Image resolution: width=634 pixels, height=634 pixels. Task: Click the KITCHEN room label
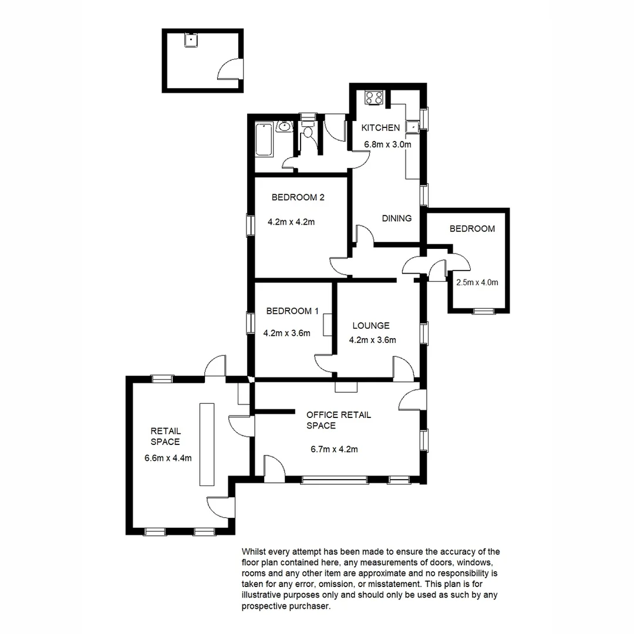380,128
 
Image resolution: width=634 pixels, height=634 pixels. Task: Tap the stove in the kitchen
373,97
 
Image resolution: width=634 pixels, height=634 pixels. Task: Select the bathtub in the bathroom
264,139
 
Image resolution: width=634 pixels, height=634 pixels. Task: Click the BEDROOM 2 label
298,198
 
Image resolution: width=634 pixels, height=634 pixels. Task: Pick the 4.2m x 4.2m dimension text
291,222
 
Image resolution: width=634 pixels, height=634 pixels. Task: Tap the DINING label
397,218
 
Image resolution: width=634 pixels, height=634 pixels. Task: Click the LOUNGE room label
371,326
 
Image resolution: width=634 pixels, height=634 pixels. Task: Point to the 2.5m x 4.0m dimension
477,282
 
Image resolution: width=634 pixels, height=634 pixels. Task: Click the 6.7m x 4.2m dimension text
335,450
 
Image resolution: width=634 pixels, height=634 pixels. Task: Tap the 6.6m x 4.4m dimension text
168,458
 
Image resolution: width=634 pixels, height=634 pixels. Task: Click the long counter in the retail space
207,444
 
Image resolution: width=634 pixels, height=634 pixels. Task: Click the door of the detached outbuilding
230,69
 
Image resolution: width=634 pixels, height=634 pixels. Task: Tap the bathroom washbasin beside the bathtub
284,126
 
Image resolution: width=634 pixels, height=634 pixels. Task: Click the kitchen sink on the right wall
414,126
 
